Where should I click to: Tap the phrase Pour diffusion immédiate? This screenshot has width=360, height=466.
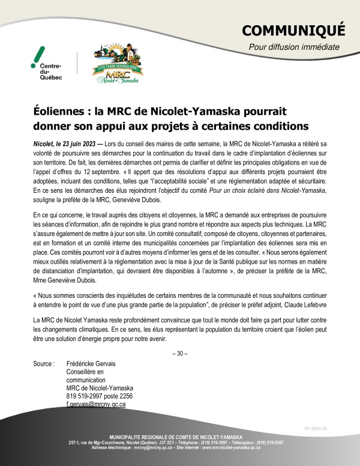coord(294,47)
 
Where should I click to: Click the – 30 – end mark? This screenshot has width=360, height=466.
coord(179,353)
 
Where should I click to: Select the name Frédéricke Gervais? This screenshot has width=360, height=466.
coord(91,364)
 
